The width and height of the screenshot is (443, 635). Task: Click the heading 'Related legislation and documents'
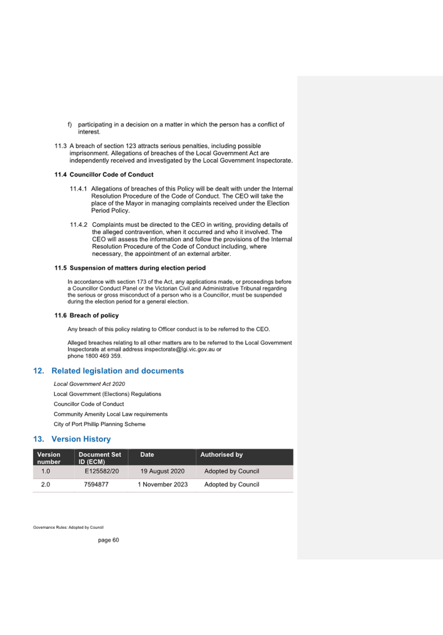point(117,371)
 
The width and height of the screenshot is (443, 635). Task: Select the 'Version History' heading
point(81,439)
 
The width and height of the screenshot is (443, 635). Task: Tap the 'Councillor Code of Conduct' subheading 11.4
point(111,174)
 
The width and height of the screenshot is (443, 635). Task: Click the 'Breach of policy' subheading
point(94,315)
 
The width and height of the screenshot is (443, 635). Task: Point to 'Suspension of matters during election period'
point(137,268)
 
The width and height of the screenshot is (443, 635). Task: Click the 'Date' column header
point(147,455)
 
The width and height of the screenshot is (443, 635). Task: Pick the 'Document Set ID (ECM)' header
point(100,458)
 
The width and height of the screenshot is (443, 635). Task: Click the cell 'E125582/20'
point(101,471)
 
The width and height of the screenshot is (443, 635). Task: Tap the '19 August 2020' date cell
point(162,471)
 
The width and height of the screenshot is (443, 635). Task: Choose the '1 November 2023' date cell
point(162,484)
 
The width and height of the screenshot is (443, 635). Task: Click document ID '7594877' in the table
point(96,484)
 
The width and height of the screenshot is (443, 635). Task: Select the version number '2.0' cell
point(45,484)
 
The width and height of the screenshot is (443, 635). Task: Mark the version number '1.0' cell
point(45,471)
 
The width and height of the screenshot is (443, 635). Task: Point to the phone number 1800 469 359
point(103,356)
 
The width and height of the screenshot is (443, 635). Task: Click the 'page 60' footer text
point(108,540)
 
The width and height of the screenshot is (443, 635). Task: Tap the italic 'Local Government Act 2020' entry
point(89,384)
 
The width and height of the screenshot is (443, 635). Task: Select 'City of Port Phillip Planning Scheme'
point(99,424)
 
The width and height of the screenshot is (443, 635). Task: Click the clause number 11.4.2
point(78,224)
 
